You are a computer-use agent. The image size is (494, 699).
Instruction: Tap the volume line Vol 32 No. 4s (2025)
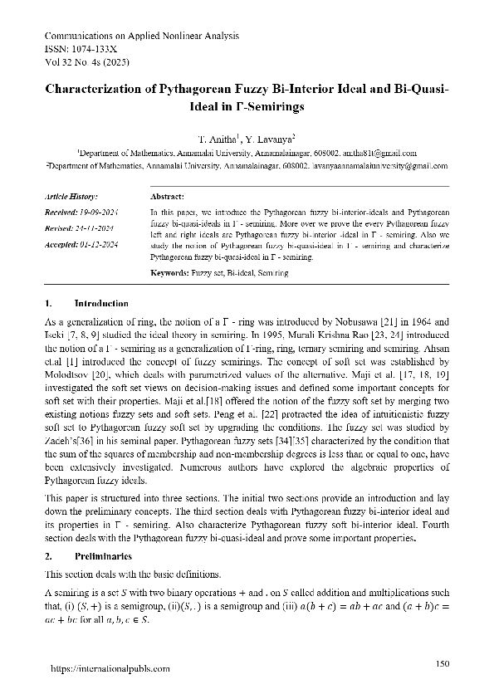86,62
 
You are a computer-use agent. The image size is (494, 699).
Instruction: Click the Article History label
71,198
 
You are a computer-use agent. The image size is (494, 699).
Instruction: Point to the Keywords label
169,272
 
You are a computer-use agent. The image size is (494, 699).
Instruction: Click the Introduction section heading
101,304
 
